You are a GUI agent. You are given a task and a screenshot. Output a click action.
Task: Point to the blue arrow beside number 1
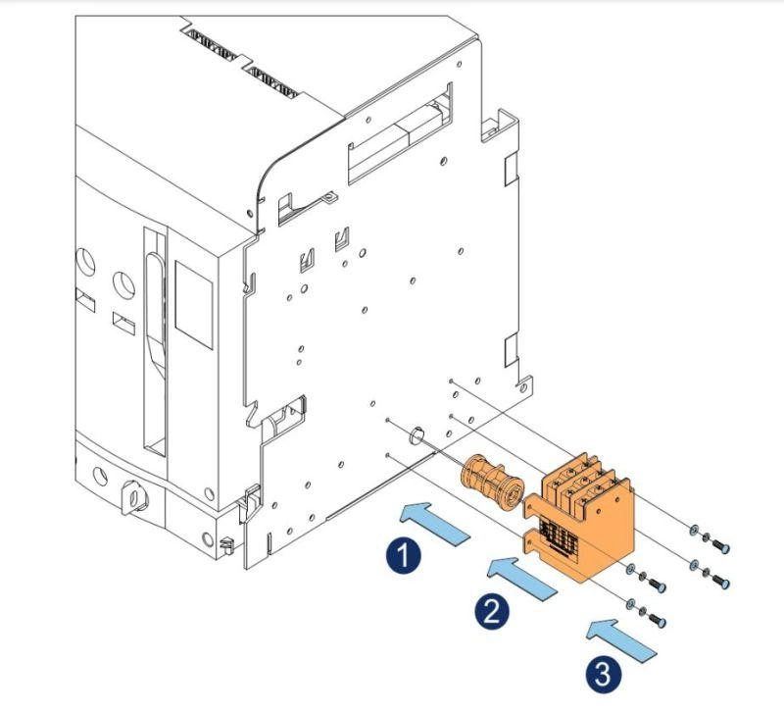435,520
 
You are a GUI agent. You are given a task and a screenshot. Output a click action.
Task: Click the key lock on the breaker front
131,496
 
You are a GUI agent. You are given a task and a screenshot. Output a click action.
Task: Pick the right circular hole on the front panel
123,285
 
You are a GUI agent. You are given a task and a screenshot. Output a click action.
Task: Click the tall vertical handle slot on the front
154,342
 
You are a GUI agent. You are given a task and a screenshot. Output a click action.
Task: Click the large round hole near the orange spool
415,434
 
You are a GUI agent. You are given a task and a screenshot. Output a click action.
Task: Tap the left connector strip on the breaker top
214,40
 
